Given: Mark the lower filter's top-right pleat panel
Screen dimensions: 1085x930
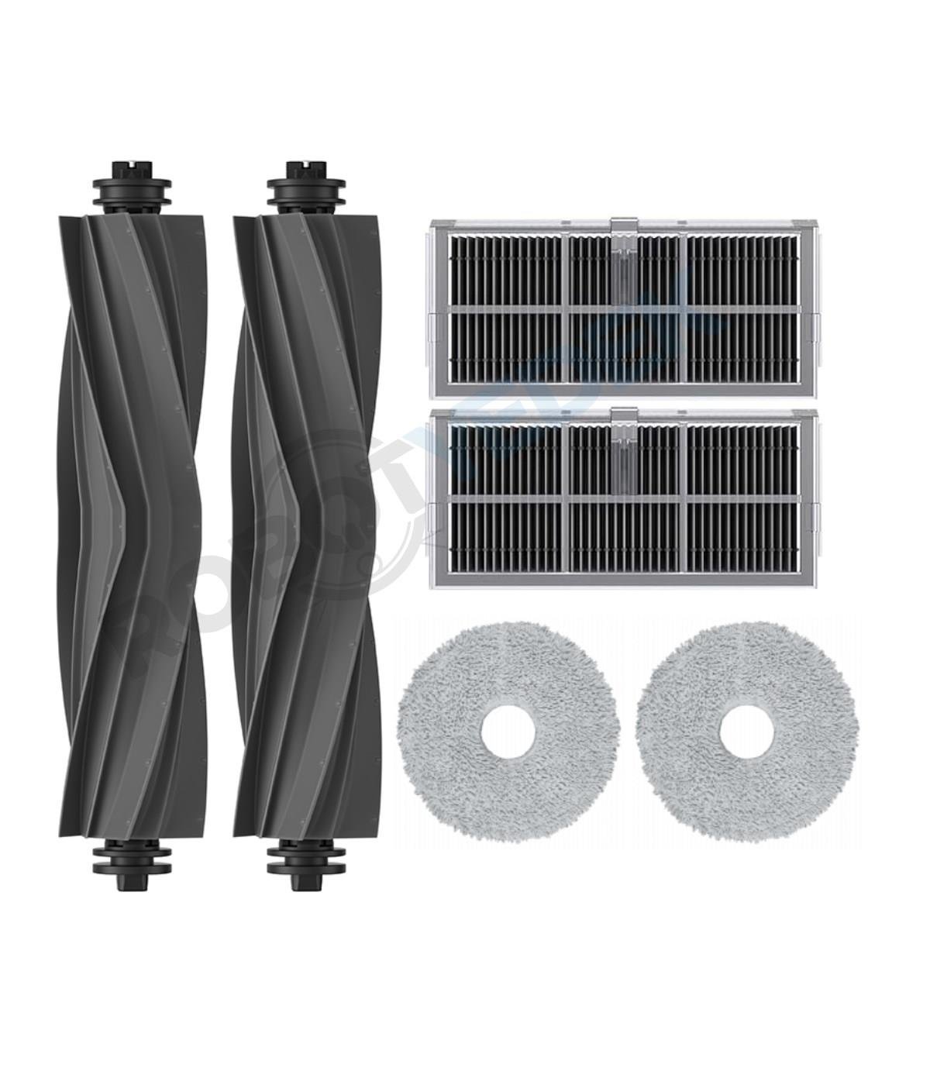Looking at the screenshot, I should (x=742, y=460).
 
